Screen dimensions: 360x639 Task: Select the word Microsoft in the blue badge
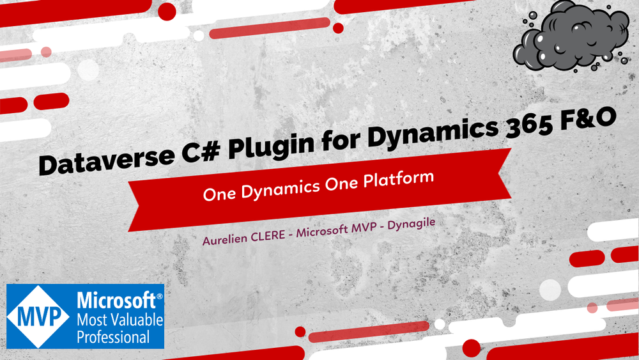[x=116, y=300]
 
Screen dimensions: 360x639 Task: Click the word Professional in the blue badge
[x=114, y=336]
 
